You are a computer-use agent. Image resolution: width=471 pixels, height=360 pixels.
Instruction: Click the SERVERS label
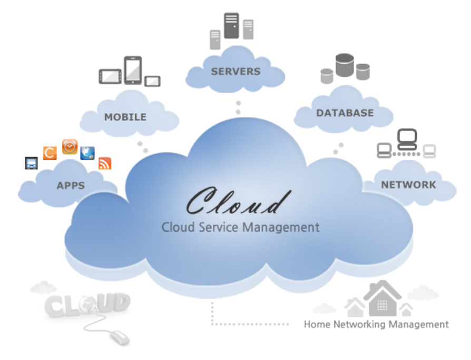coord(235,72)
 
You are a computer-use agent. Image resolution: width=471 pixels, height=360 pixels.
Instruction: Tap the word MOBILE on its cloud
coord(125,117)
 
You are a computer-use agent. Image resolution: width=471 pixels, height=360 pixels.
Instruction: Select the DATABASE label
coord(345,113)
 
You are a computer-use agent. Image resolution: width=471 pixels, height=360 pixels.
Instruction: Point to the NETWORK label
coord(408,185)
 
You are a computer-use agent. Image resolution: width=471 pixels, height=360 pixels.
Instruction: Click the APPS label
coord(71,185)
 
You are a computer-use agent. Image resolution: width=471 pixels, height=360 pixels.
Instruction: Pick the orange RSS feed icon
coord(105,163)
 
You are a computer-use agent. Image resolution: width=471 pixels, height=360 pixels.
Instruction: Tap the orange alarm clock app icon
coord(70,147)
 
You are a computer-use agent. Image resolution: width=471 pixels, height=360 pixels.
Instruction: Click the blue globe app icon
coord(87,153)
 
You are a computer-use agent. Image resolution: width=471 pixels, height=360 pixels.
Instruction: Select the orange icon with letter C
coord(50,153)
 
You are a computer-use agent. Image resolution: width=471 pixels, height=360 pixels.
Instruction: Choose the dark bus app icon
coord(31,163)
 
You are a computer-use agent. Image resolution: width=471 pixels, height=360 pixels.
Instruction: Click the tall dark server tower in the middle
coord(231,25)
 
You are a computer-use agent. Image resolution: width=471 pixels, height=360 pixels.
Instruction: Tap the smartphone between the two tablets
coord(133,70)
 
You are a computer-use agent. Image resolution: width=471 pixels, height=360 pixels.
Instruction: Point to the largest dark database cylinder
coord(344,65)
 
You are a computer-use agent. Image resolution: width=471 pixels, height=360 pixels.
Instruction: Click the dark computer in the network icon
coord(407,139)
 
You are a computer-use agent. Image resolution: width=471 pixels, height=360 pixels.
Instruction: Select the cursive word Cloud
coord(239,202)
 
